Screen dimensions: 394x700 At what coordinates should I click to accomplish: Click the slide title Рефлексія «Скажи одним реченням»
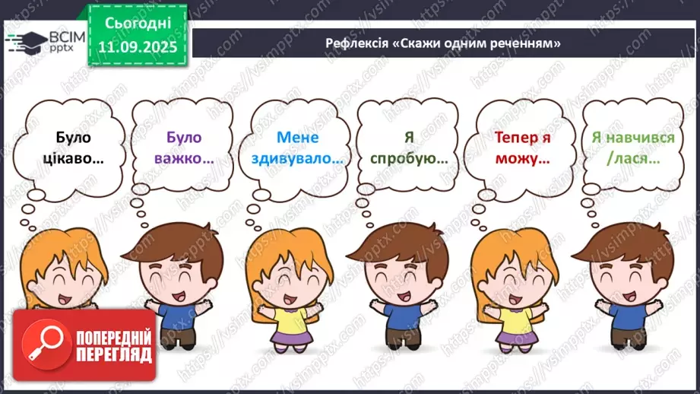[x=443, y=43]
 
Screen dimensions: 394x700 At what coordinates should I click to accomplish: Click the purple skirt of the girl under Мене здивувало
[x=290, y=341]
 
